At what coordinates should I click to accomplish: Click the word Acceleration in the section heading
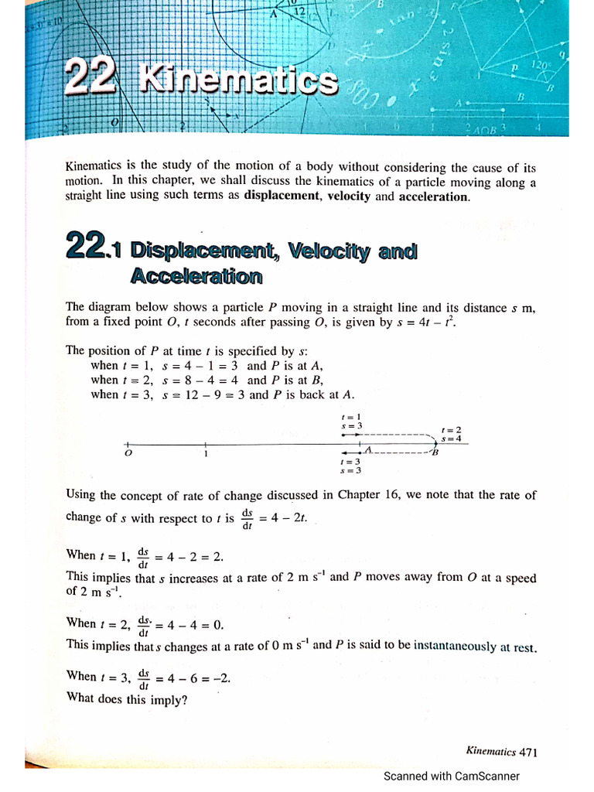196,276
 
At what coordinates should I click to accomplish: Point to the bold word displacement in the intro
282,196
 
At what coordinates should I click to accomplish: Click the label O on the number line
128,454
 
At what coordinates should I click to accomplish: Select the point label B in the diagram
435,453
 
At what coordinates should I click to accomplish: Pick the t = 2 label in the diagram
451,429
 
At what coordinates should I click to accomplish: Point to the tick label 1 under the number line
206,454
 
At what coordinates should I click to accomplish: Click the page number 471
528,751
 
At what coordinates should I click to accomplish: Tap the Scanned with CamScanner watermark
452,776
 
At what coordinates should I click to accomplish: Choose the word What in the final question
81,695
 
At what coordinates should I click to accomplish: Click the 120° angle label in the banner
536,67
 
